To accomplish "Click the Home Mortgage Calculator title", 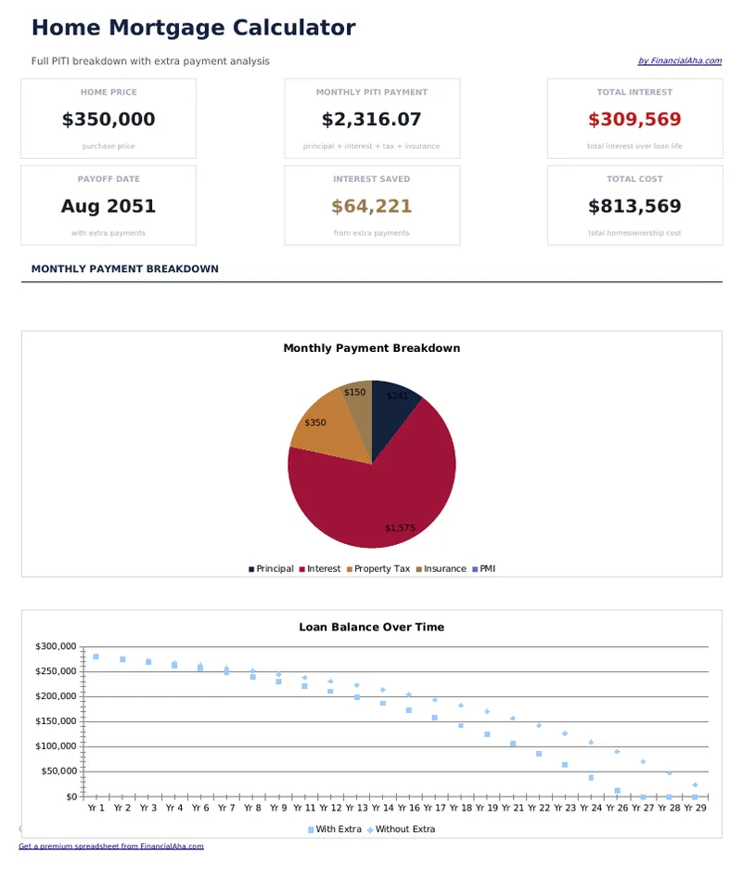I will (193, 28).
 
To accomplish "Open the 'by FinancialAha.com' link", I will (679, 61).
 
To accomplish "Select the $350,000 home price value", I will (109, 120).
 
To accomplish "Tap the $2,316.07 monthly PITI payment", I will (371, 120).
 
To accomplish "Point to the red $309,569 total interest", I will (634, 120).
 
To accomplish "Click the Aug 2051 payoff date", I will (109, 206).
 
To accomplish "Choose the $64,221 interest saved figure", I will (371, 206).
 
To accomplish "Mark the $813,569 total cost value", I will (634, 206).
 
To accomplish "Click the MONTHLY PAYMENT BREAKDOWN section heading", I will (125, 269).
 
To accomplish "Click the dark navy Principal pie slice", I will (394, 409).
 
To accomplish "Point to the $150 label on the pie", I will (354, 393).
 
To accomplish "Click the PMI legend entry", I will (487, 569).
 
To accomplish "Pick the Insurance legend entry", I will (444, 569).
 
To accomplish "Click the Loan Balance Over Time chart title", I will (371, 628).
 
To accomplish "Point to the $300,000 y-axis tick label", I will (57, 646).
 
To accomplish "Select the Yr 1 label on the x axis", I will (96, 809).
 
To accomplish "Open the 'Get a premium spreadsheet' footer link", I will (111, 847).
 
